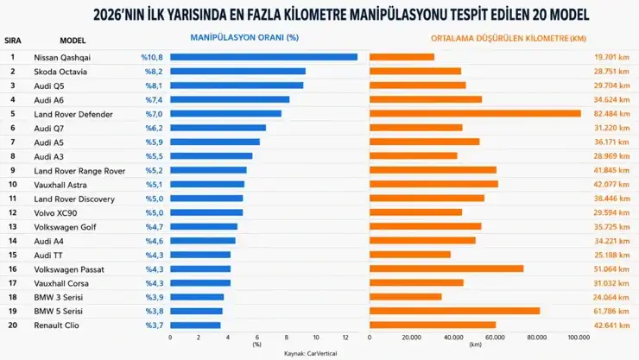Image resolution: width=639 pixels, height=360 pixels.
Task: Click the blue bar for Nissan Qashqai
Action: pyautogui.click(x=263, y=57)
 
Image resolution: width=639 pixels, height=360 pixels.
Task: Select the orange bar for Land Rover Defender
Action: pyautogui.click(x=475, y=114)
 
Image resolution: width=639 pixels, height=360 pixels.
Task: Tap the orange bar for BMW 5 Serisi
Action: pyautogui.click(x=455, y=311)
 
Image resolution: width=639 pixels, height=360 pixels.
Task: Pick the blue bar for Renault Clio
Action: pyautogui.click(x=195, y=325)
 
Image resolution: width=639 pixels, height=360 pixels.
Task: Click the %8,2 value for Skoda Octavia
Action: pyautogui.click(x=154, y=72)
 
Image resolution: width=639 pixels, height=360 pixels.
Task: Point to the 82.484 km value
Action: pyautogui.click(x=611, y=114)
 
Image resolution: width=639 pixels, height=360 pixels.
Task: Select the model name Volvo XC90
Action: pyautogui.click(x=55, y=213)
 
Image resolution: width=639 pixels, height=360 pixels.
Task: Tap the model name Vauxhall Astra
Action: pyautogui.click(x=60, y=185)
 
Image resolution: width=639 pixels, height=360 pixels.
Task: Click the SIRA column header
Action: pyautogui.click(x=13, y=41)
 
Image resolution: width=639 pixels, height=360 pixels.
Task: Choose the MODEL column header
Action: pyautogui.click(x=73, y=41)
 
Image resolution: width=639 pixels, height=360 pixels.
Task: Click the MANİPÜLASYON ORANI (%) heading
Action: pyautogui.click(x=244, y=37)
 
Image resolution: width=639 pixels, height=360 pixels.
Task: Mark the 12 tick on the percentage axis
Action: pyautogui.click(x=345, y=338)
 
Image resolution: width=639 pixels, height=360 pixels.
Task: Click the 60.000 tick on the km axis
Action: pyautogui.click(x=495, y=338)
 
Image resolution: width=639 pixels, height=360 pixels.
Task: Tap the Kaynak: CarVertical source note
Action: pyautogui.click(x=311, y=353)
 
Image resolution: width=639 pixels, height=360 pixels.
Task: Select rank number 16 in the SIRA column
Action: pyautogui.click(x=13, y=269)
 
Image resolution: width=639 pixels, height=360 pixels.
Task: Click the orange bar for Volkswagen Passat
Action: pyautogui.click(x=446, y=268)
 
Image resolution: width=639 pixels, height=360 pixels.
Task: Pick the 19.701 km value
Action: pyautogui.click(x=611, y=57)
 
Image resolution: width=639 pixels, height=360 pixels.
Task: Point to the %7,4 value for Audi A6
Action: pyautogui.click(x=154, y=100)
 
